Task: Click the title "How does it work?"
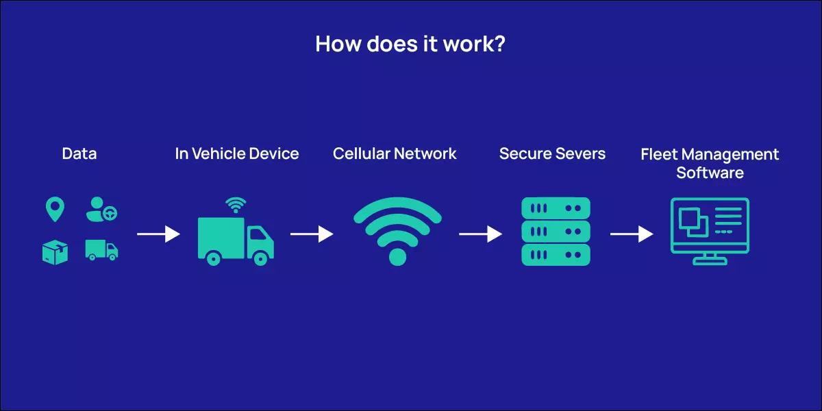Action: pyautogui.click(x=410, y=44)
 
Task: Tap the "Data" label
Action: pyautogui.click(x=79, y=153)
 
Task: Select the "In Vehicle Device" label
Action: pyautogui.click(x=237, y=153)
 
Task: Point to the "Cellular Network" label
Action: pyautogui.click(x=395, y=153)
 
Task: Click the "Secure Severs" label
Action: pyautogui.click(x=552, y=153)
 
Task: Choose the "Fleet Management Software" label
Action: pyautogui.click(x=710, y=163)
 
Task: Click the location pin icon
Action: pyautogui.click(x=55, y=210)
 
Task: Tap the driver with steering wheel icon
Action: pyautogui.click(x=101, y=210)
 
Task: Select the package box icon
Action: pyautogui.click(x=55, y=252)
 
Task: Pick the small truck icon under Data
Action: pyautogui.click(x=101, y=250)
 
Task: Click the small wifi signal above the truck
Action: pyautogui.click(x=236, y=205)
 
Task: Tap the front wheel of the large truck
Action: pyautogui.click(x=260, y=258)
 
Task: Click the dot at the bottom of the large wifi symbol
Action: pyautogui.click(x=397, y=257)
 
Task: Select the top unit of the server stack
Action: pyautogui.click(x=556, y=208)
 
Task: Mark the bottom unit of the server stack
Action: pyautogui.click(x=556, y=255)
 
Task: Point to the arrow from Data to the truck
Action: pyautogui.click(x=158, y=234)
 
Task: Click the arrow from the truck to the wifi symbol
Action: pyautogui.click(x=312, y=234)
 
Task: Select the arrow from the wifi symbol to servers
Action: pyautogui.click(x=480, y=234)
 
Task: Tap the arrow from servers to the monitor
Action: pyautogui.click(x=632, y=234)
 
